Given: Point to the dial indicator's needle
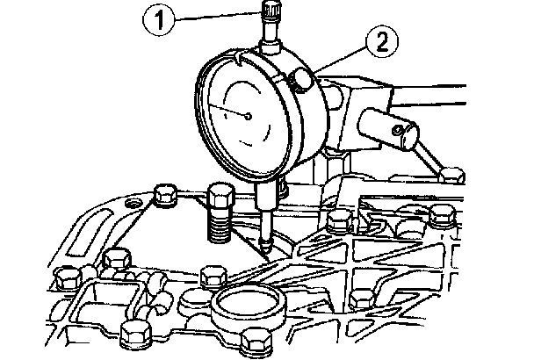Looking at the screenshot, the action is coord(231,109).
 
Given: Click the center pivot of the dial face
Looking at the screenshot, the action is coord(250,115).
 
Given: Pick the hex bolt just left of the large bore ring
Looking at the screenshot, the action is coord(211,277).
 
